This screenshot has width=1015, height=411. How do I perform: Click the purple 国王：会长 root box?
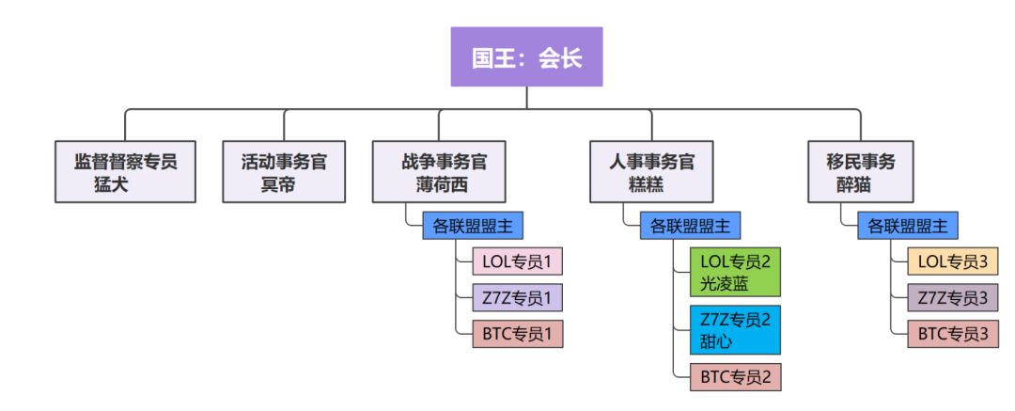pos(526,57)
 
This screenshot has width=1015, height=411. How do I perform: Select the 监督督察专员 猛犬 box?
pos(125,171)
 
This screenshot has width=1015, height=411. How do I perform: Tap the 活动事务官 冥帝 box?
pos(283,171)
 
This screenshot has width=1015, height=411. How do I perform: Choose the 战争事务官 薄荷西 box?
pos(440,171)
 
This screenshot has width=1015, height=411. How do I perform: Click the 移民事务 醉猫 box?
pos(860,171)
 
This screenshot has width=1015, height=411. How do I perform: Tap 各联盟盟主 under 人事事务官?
pos(691,226)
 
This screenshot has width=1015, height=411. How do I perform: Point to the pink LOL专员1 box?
pos(517,261)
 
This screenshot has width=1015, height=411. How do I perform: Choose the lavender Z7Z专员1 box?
pos(517,297)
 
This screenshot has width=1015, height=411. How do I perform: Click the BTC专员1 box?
pos(517,334)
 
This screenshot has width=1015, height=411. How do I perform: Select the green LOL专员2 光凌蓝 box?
pos(735,271)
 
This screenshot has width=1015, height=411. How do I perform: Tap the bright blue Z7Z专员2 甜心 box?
pos(735,329)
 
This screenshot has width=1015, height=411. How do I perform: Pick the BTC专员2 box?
pos(735,377)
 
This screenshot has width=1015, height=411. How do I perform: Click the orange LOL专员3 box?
pos(953,261)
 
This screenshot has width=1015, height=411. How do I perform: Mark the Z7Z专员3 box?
pos(953,297)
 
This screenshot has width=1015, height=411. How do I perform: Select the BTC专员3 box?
pos(953,334)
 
